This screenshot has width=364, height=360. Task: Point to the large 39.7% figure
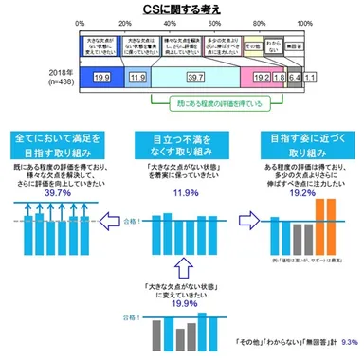tap(52, 189)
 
